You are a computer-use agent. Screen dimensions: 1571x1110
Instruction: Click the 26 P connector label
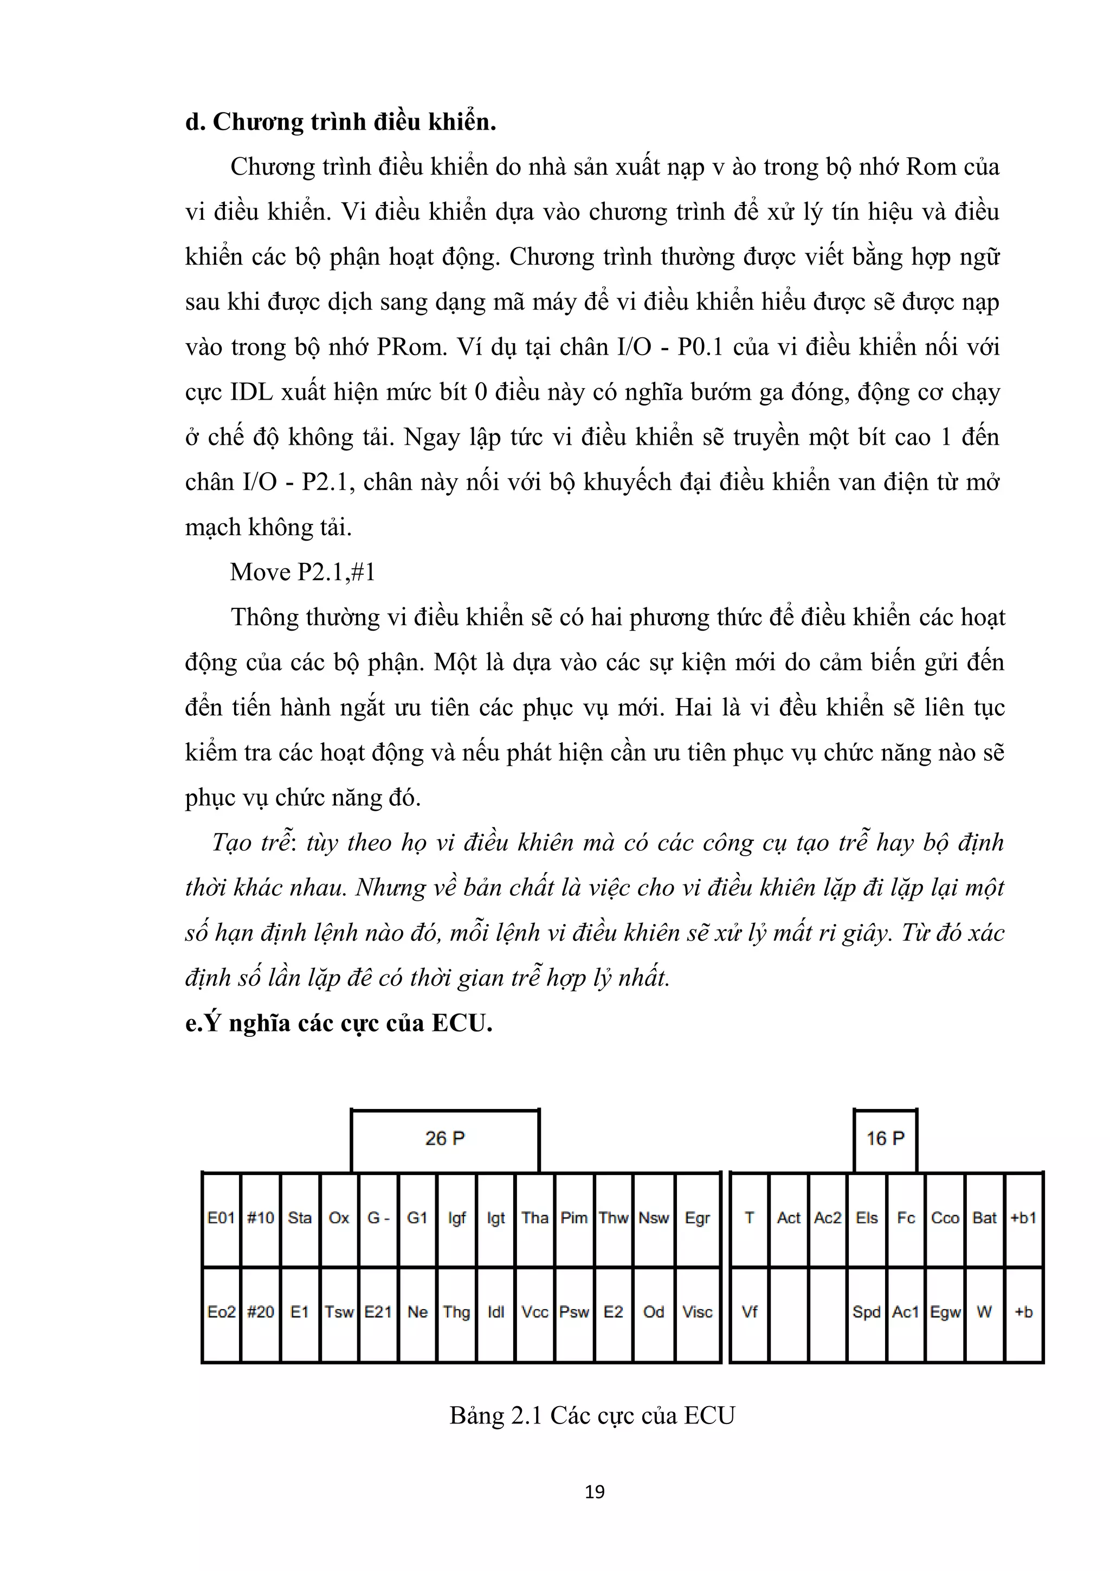tap(444, 1138)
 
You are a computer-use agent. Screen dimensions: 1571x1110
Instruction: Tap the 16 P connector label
tap(885, 1138)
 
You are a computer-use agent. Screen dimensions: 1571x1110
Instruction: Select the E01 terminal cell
tap(221, 1218)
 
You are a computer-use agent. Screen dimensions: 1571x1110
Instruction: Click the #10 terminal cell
tap(261, 1218)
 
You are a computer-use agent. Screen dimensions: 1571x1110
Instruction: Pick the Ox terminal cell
tap(339, 1218)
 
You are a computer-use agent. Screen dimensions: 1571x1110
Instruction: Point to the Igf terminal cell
tap(457, 1218)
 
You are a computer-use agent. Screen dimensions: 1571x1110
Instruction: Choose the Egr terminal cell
tap(698, 1218)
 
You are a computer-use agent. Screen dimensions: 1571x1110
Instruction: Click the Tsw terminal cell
tap(339, 1312)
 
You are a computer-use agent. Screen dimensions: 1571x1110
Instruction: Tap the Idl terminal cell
tap(496, 1312)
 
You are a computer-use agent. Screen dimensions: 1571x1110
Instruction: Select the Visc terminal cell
tap(698, 1312)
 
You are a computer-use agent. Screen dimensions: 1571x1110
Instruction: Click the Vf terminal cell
tap(750, 1312)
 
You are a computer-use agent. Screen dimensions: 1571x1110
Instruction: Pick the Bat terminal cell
tap(985, 1218)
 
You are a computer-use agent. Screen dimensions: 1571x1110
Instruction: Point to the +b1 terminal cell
tap(1024, 1218)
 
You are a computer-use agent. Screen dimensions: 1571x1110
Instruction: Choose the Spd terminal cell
tap(867, 1312)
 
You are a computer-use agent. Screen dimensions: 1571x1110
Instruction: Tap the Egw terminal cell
tap(945, 1312)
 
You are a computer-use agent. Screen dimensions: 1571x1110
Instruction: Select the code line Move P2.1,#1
tap(303, 572)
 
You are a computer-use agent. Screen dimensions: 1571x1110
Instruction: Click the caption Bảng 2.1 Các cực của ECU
tap(592, 1415)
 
